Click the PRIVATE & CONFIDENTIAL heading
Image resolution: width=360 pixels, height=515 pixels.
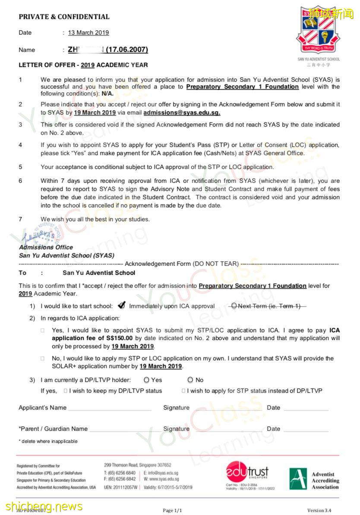(64, 17)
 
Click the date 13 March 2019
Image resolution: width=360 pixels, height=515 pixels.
(88, 32)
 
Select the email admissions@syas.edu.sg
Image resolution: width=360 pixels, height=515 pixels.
(182, 113)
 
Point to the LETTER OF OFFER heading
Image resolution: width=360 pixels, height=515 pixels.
(83, 65)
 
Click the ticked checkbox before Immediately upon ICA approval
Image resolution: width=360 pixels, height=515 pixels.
(121, 306)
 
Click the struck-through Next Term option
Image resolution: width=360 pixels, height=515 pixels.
(268, 306)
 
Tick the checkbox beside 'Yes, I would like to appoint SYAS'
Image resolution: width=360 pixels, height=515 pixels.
(43, 330)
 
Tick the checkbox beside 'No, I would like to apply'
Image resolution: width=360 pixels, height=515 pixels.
(43, 358)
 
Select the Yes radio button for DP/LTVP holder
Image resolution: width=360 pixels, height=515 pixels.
(146, 380)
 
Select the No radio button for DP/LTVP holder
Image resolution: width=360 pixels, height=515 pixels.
(190, 380)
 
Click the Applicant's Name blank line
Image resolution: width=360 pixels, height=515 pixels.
(110, 408)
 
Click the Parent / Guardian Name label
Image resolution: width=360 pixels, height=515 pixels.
(54, 429)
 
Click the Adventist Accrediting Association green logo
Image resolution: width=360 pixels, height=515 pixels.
(298, 479)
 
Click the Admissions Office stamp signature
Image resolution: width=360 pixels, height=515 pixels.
(39, 236)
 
